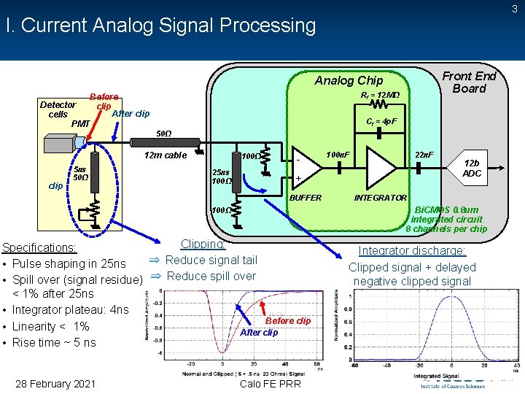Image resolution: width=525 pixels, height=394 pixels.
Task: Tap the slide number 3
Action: [515, 9]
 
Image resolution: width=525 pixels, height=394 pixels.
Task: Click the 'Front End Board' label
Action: [469, 82]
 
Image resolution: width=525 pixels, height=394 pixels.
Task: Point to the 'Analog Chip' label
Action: [349, 80]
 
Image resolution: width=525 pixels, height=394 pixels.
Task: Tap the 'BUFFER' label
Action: [306, 198]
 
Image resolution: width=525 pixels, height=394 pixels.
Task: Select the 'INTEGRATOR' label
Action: [381, 198]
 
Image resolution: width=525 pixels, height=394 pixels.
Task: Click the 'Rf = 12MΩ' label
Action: [380, 95]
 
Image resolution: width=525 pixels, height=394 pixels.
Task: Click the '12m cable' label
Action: [166, 155]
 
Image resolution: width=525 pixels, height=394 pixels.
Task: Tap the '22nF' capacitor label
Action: [424, 154]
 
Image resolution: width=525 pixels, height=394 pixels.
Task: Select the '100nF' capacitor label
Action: [338, 154]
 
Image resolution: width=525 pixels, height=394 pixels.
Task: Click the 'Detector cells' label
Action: [58, 109]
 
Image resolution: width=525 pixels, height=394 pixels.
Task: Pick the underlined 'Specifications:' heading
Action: [40, 247]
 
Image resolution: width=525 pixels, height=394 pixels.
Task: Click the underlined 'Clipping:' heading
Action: [203, 244]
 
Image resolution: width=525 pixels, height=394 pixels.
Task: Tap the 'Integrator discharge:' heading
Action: [412, 250]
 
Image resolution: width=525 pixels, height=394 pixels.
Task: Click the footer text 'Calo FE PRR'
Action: [269, 384]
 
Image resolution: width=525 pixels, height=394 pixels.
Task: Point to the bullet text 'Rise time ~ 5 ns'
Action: [54, 342]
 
